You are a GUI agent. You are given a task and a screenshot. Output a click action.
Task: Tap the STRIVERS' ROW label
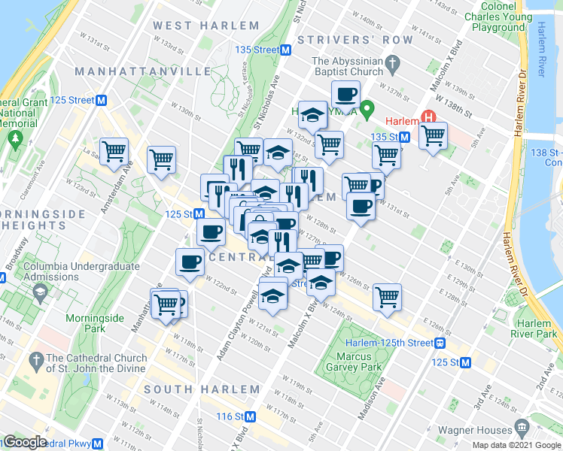coord(355,40)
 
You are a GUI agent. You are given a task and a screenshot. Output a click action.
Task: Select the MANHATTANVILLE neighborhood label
coord(142,71)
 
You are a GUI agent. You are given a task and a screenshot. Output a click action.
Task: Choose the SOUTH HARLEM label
coord(202,389)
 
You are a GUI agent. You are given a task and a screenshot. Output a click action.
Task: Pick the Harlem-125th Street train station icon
coord(440,343)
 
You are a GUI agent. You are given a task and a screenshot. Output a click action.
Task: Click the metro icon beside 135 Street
coord(286,50)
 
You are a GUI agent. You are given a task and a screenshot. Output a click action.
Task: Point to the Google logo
coord(25,443)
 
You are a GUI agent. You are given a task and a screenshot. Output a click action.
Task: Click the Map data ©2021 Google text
coord(516,445)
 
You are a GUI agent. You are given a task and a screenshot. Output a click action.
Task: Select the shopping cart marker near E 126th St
coord(387,296)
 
